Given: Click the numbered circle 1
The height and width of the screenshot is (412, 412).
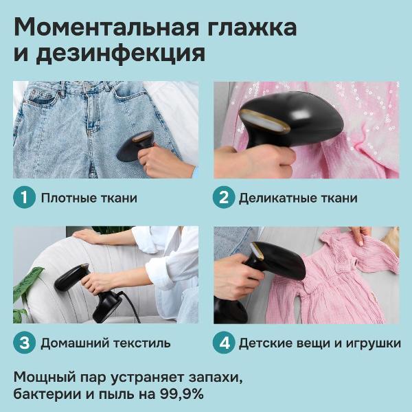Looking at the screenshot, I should (23, 198).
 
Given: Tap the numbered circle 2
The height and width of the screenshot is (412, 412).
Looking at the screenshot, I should (222, 198).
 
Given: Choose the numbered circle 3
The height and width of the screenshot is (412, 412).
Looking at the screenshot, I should (23, 342).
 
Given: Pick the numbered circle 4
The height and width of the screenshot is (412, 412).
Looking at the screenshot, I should (222, 342).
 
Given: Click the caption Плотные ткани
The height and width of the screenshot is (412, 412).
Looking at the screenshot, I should (89, 198).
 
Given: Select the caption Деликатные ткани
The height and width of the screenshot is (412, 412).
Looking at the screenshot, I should (298, 198).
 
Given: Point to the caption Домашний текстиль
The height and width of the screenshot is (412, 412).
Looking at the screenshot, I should (105, 343).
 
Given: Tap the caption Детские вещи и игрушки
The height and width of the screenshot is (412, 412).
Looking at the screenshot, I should (319, 343).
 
